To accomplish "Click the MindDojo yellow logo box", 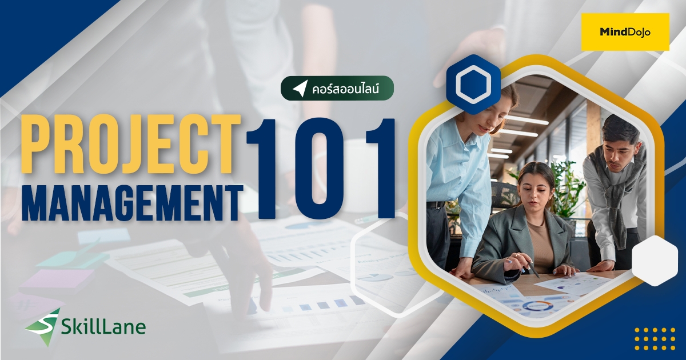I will coord(625,32).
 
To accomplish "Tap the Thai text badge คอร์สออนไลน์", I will coord(337,88).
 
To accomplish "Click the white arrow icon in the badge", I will coord(300,88).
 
